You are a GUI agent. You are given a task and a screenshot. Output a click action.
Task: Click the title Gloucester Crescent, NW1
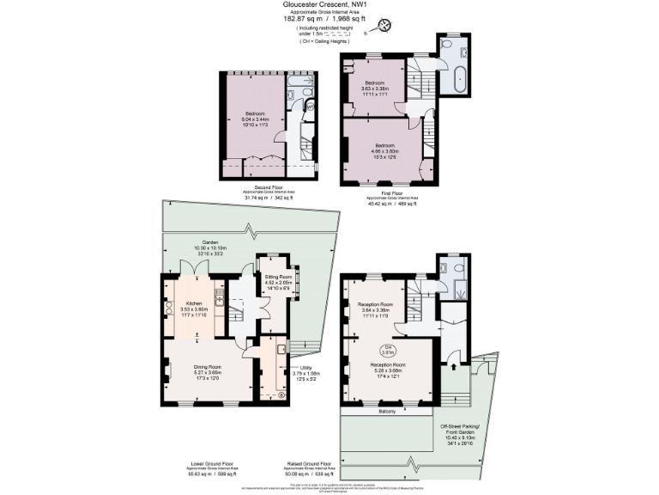[329, 5]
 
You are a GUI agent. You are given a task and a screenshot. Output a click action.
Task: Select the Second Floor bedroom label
[254, 119]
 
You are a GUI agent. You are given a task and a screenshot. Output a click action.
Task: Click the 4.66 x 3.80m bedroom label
[384, 151]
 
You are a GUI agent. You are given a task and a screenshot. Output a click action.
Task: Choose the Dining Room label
[207, 372]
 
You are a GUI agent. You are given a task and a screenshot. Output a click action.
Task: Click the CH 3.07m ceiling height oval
[387, 350]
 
